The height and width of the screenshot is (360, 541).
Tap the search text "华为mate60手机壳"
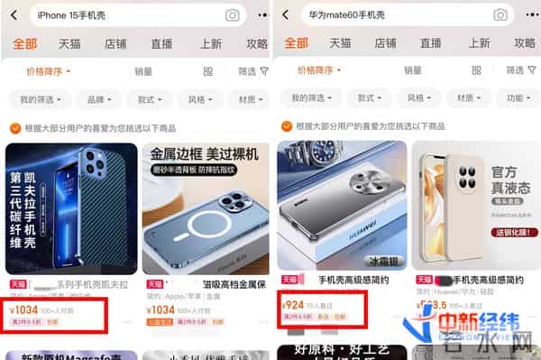coord(347,14)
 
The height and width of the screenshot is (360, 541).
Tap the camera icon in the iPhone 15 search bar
coord(233,14)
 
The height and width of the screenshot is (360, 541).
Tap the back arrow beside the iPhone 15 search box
coord(15,14)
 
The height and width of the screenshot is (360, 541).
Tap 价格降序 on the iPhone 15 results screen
coord(47,70)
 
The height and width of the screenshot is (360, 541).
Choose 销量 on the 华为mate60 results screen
coord(413,70)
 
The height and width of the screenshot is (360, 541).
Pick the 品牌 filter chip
coord(94,99)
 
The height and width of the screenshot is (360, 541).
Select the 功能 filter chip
coord(517,99)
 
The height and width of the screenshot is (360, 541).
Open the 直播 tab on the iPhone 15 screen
coord(162,43)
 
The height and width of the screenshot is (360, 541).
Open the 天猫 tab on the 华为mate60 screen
coord(340,43)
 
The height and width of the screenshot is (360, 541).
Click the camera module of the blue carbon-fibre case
coord(91,165)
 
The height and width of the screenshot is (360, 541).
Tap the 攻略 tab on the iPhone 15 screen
coord(256,43)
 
